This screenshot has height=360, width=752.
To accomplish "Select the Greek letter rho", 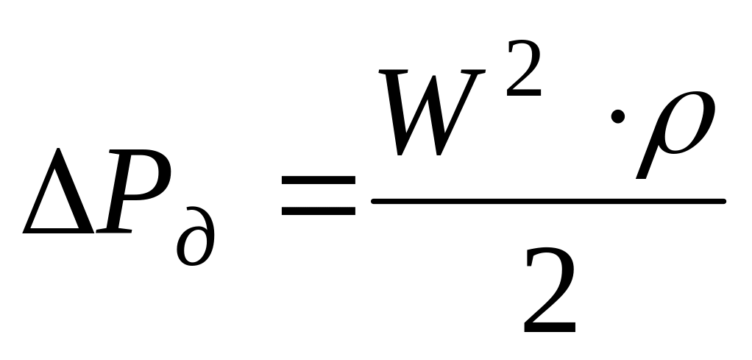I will coord(673,133).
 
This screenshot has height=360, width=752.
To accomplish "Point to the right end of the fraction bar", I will coord(723,200).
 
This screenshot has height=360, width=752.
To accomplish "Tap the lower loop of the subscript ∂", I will coord(193,250).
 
